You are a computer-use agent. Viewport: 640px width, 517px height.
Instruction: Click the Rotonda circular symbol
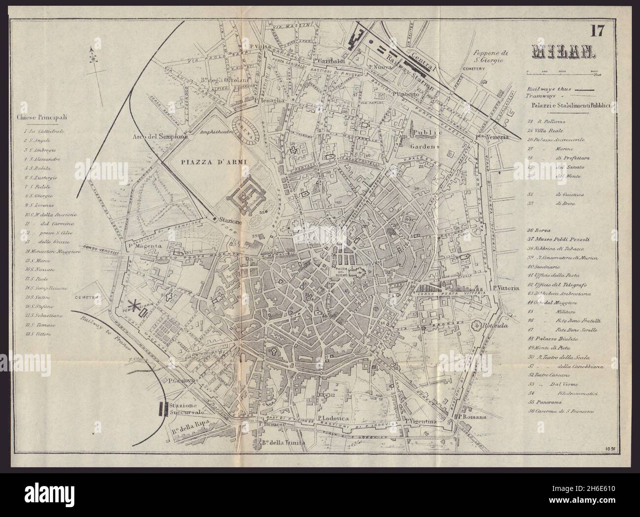tap(477, 325)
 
